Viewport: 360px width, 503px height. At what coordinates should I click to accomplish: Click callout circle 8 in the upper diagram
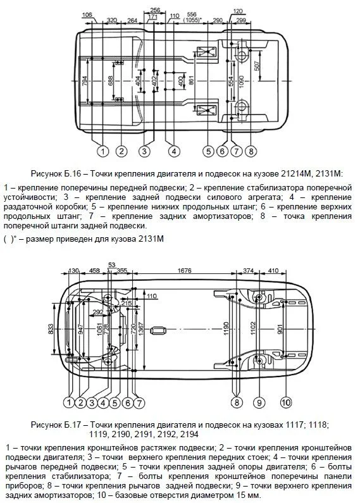click(251, 151)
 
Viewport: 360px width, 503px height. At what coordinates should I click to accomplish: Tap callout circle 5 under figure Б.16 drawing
click(208, 151)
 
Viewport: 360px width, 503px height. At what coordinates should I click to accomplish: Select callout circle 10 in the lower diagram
click(286, 402)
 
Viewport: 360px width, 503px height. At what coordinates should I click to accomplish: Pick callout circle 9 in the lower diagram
click(259, 402)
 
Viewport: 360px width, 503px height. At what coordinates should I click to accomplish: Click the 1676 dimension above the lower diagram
click(184, 270)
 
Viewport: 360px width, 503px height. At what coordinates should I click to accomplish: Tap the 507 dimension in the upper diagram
click(256, 66)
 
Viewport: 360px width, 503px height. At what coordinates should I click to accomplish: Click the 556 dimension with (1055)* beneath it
click(192, 15)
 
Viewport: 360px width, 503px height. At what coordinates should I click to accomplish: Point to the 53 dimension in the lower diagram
click(111, 264)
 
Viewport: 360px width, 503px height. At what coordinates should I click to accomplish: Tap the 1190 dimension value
click(227, 328)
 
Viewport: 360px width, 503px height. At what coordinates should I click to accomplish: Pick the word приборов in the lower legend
click(20, 486)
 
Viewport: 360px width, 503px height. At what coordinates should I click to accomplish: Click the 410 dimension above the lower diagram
click(273, 270)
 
